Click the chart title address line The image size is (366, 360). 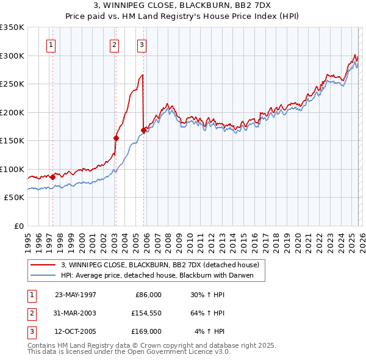pos(183,5)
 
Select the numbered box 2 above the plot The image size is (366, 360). pos(114,44)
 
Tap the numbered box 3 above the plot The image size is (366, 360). pos(142,44)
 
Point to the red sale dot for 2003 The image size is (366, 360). pos(115,138)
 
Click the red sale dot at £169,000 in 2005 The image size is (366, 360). pos(143,129)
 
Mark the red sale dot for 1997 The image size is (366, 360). pos(52,176)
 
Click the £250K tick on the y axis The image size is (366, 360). pos(12,84)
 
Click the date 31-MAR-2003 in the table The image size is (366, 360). pos(75,313)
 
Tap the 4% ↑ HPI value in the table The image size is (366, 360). pos(209,331)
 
